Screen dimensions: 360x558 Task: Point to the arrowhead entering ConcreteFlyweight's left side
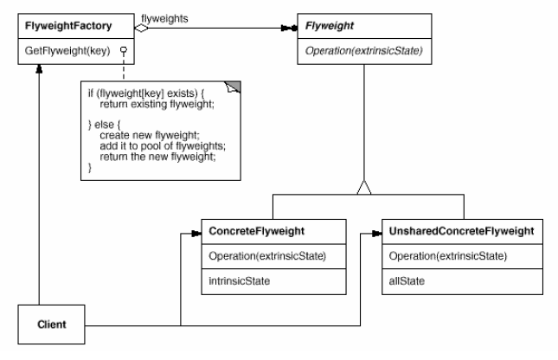pos(196,232)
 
